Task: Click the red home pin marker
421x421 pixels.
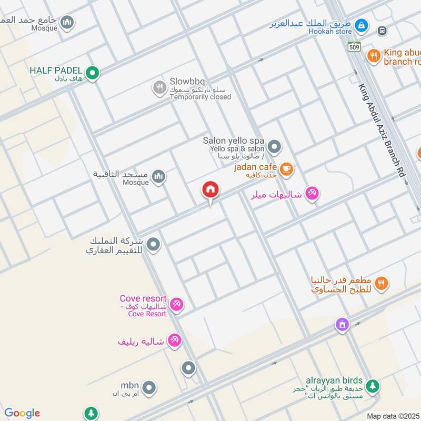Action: (x=210, y=190)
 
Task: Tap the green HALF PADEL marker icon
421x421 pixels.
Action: (x=93, y=73)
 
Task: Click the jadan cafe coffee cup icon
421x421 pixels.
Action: (x=286, y=169)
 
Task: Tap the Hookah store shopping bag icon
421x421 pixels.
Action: (x=361, y=25)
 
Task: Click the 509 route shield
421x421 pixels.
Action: (x=355, y=47)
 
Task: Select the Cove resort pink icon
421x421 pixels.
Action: (x=176, y=304)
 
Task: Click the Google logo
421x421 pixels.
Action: (x=22, y=413)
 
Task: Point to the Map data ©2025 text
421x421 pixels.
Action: (x=393, y=416)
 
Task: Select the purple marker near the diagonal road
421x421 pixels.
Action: (x=343, y=325)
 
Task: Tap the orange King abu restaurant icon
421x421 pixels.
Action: (x=374, y=55)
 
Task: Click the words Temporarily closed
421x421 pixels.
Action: (x=201, y=97)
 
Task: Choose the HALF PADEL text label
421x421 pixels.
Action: (x=56, y=70)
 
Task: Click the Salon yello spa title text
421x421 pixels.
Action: (x=234, y=141)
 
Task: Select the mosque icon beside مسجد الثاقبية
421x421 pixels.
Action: (x=158, y=177)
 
